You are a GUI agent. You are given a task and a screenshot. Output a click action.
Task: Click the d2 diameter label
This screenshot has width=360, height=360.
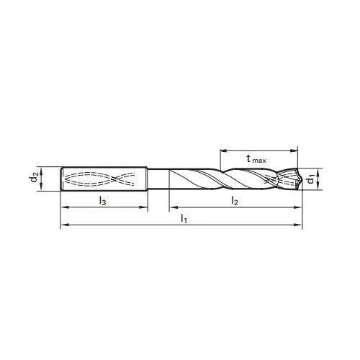tap(35, 179)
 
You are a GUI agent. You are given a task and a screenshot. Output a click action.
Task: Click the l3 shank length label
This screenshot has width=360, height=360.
tap(102, 202)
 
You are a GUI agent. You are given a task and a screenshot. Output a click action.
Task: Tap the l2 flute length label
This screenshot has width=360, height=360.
tap(235, 202)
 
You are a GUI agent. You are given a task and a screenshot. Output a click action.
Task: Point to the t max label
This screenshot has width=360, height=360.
tap(253, 160)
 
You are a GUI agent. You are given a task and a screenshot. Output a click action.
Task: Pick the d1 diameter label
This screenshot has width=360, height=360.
tap(310, 179)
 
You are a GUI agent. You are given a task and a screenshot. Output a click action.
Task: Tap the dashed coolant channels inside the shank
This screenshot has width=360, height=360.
tap(101, 179)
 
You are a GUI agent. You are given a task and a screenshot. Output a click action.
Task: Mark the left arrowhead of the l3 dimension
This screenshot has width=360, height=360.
tap(63, 209)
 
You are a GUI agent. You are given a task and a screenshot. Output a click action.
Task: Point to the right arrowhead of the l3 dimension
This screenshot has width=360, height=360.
tap(145, 209)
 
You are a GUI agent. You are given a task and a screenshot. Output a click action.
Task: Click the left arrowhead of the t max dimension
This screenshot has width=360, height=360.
tap(222, 150)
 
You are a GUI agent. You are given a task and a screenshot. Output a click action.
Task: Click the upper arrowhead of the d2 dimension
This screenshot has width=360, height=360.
tap(43, 169)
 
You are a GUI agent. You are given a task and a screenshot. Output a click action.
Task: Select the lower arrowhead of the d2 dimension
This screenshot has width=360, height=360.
tap(43, 189)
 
